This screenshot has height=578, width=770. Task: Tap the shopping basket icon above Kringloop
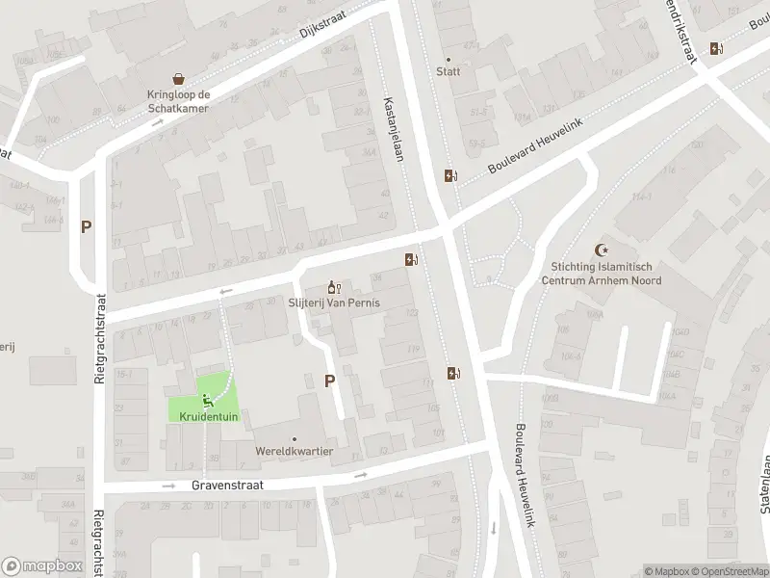click(x=179, y=79)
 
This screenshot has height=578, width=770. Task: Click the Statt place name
click(x=448, y=71)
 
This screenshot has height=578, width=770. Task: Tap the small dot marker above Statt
click(x=448, y=59)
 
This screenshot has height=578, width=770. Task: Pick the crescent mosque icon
click(x=603, y=249)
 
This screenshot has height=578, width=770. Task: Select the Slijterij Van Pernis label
click(x=335, y=302)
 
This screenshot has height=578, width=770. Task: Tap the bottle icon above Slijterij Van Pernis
click(x=334, y=286)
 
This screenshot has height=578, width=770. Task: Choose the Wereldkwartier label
click(x=295, y=451)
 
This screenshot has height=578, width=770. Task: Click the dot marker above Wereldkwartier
click(x=295, y=438)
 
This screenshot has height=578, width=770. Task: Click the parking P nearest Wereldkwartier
click(x=329, y=381)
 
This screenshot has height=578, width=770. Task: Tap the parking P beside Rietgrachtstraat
click(x=86, y=227)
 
